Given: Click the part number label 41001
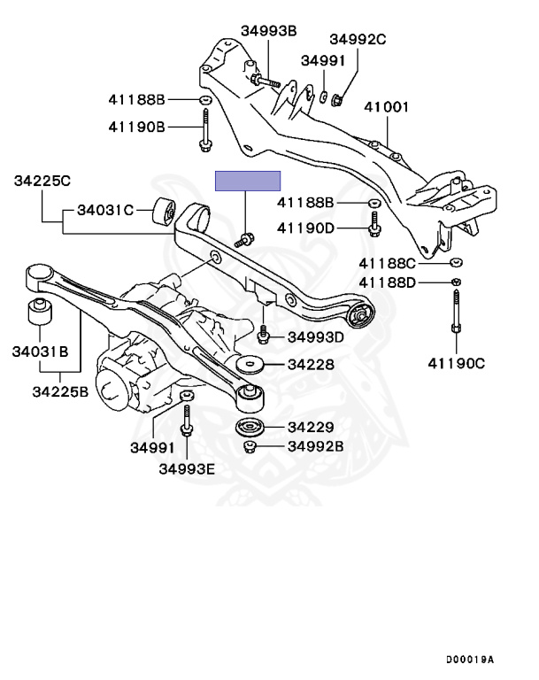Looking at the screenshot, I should (388, 108).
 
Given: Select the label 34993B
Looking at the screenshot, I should (268, 32).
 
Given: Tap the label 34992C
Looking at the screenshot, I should (358, 39).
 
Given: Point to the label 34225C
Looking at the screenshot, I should (42, 181).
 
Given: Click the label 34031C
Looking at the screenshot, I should (104, 211).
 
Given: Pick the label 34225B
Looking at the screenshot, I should (60, 391).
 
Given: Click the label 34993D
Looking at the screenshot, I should (316, 336).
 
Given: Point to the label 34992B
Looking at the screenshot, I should (316, 445).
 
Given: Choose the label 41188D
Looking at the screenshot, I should (387, 282).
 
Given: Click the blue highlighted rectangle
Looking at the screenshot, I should (248, 181).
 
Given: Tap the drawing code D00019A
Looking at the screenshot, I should (469, 660).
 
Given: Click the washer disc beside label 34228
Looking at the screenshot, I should (250, 365).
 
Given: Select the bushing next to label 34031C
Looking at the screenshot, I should (164, 212).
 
